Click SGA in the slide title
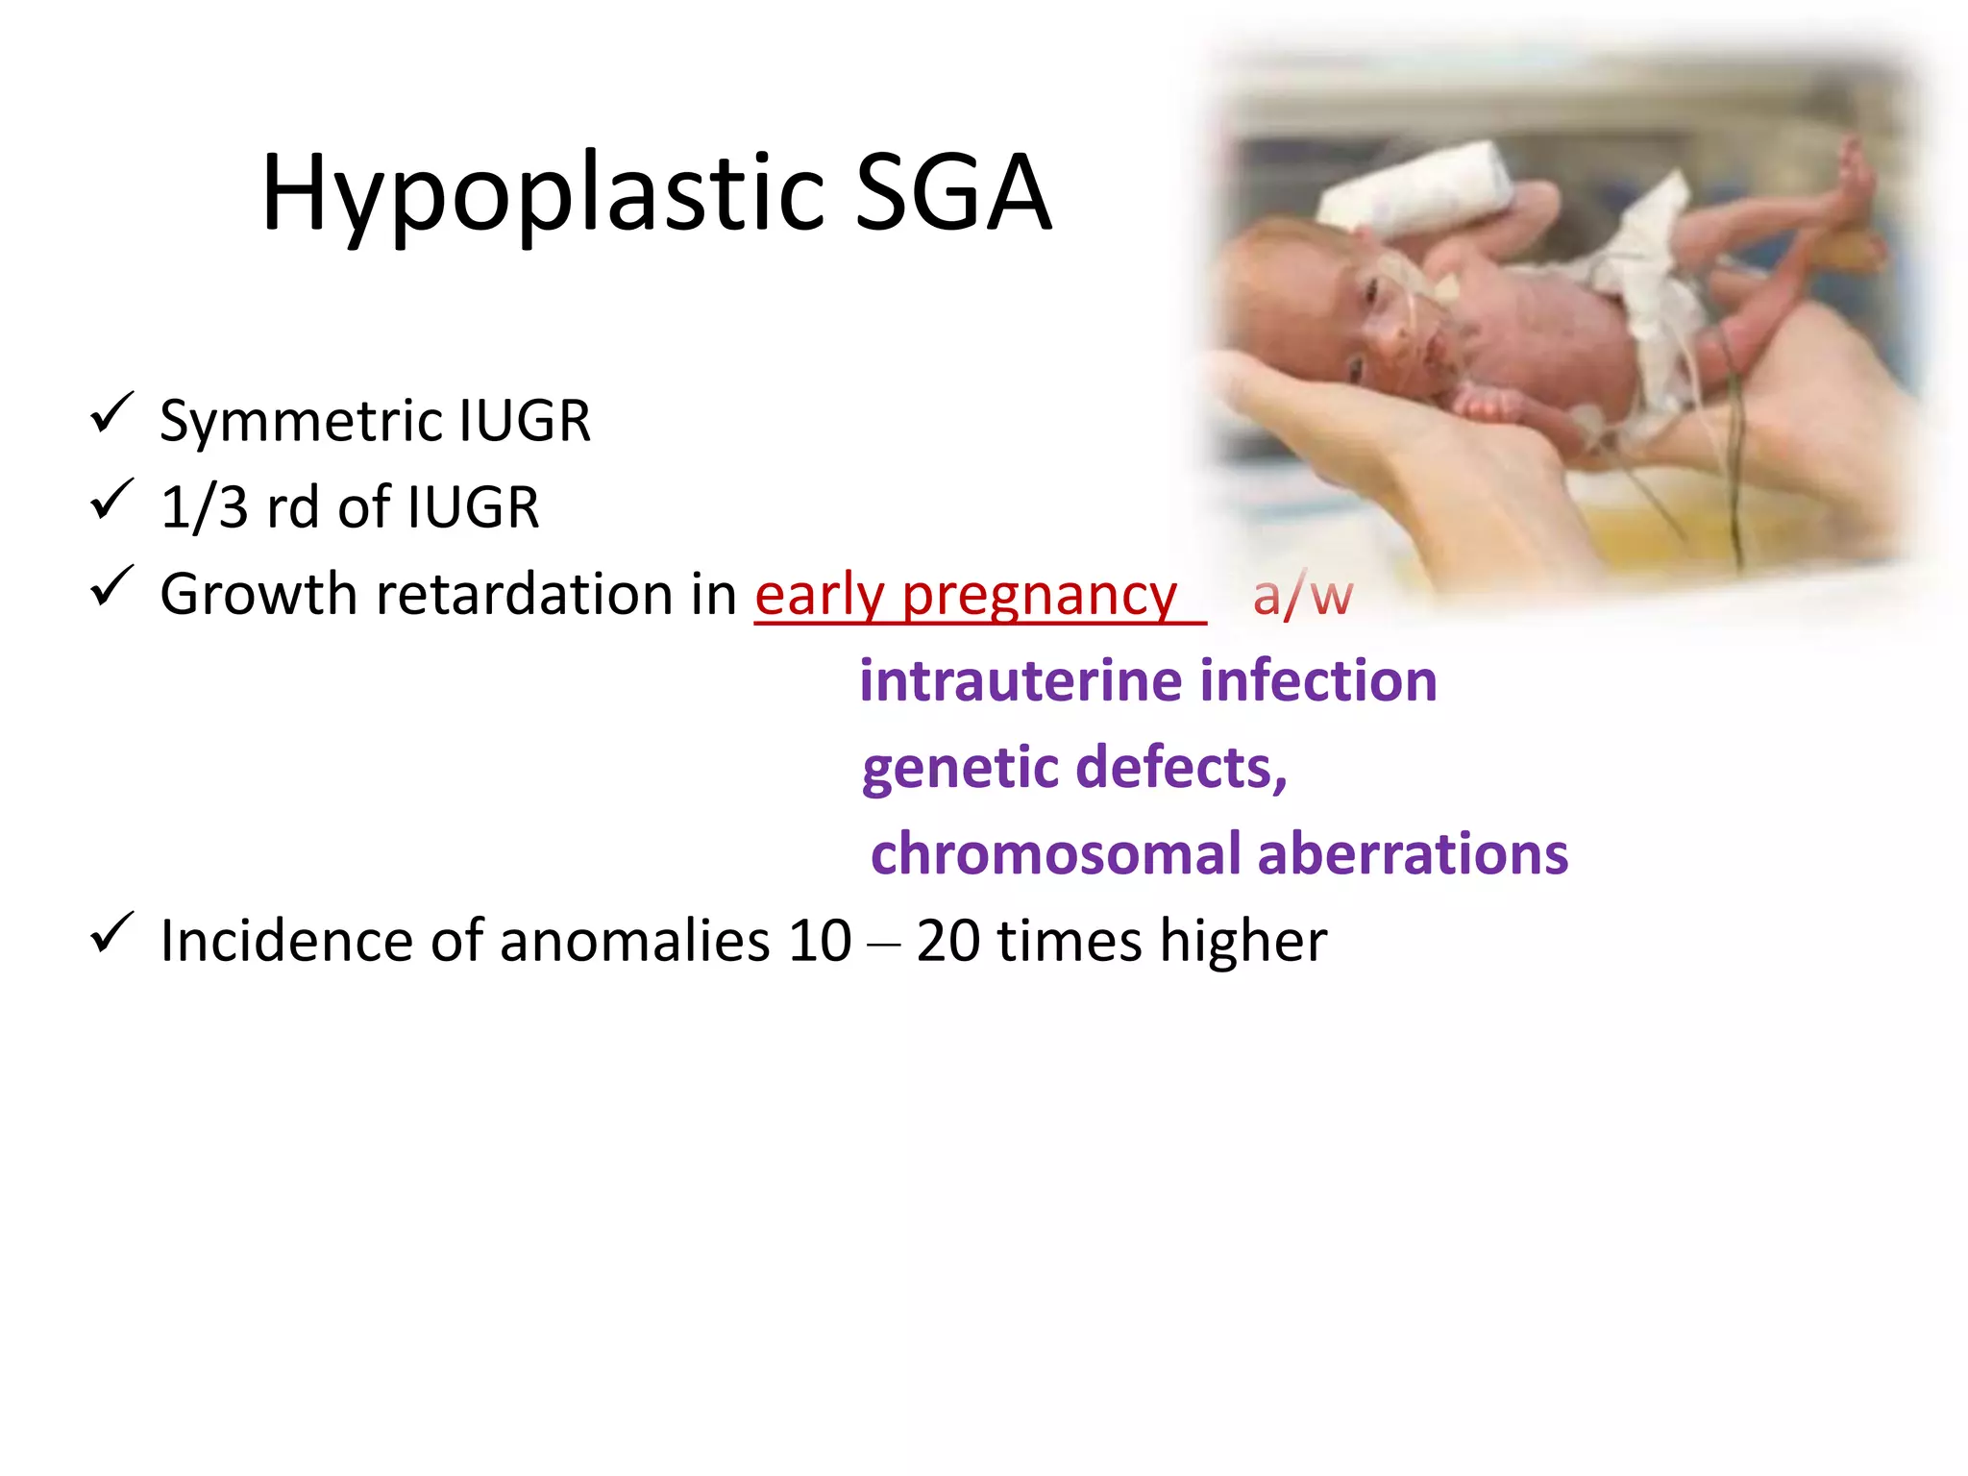click(952, 194)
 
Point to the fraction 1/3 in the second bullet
click(204, 507)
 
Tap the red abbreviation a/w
click(1302, 596)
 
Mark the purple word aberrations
click(1412, 853)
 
